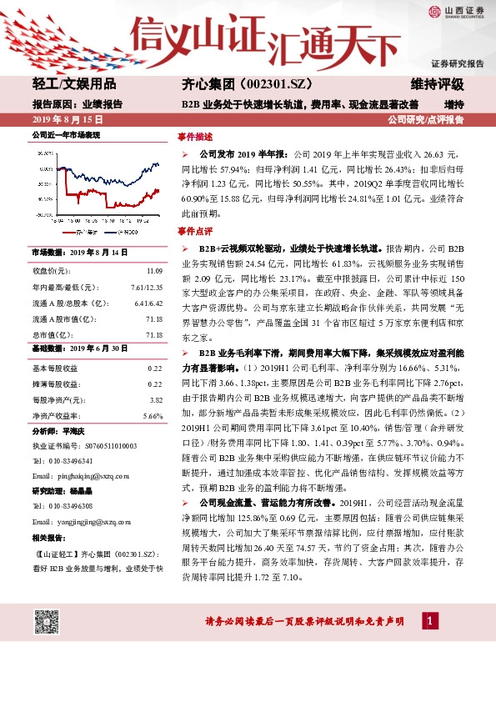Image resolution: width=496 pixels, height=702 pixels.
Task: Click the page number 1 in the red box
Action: coord(429,621)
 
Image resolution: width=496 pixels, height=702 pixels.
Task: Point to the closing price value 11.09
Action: coord(154,272)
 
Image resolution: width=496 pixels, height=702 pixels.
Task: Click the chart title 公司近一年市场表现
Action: coord(65,134)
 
